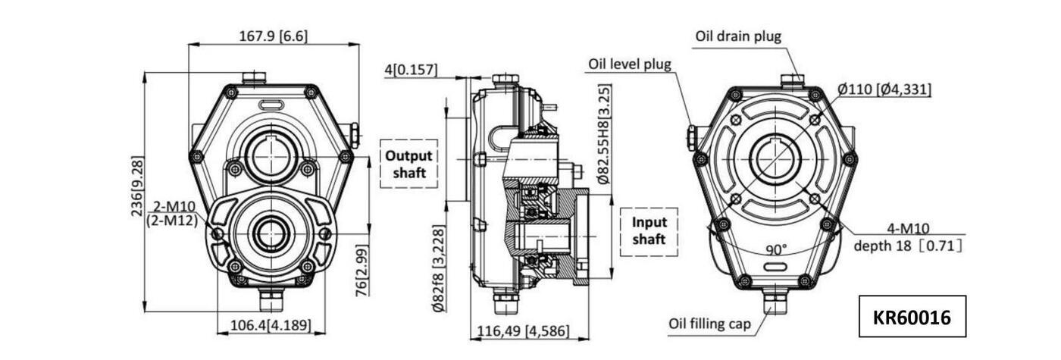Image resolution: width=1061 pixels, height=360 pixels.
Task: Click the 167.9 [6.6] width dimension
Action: (x=274, y=36)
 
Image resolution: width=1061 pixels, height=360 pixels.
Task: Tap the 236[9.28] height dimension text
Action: (x=138, y=186)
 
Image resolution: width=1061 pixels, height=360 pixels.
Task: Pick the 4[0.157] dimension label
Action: (x=411, y=70)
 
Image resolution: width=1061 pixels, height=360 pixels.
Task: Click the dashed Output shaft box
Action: (x=408, y=164)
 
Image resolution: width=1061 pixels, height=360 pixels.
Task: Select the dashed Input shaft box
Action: (x=649, y=231)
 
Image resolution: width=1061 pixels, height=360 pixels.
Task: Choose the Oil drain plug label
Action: (x=737, y=36)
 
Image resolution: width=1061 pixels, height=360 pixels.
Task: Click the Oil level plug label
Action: (x=629, y=64)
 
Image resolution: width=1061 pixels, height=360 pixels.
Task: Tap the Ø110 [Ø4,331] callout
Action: (x=884, y=89)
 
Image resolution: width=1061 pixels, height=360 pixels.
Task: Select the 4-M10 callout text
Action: (x=909, y=228)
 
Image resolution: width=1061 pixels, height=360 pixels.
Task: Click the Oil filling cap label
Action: (x=709, y=324)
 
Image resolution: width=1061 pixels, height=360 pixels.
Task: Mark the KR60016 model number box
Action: (x=912, y=316)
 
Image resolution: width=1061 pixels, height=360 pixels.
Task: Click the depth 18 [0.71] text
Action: (x=908, y=246)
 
